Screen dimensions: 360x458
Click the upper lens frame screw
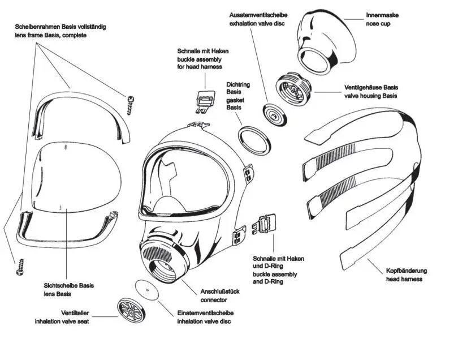[132, 104]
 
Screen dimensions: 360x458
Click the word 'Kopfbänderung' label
[407, 271]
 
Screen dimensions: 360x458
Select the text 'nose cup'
[379, 23]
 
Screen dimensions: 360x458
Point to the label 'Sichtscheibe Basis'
[68, 286]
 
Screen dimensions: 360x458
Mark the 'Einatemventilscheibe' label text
[205, 313]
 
